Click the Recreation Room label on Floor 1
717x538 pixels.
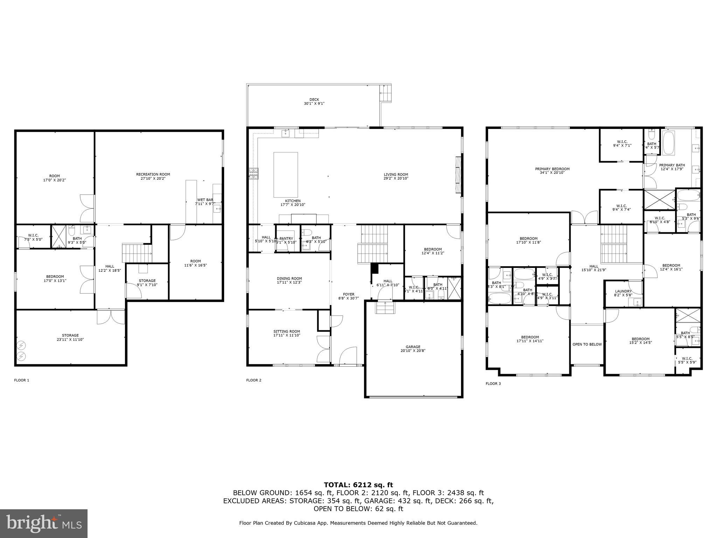[x=153, y=176]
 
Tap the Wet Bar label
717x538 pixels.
[x=205, y=202]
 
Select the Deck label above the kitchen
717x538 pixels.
[x=314, y=102]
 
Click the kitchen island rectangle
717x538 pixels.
[x=285, y=174]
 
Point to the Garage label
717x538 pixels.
[x=413, y=349]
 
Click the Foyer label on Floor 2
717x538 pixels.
[x=349, y=296]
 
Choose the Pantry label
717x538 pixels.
[x=286, y=240]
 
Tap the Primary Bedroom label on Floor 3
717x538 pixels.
[x=552, y=171]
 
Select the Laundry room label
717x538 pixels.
[x=623, y=293]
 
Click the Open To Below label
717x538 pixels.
[x=587, y=344]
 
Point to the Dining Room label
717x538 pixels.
[x=289, y=280]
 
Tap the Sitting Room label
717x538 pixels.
[x=286, y=333]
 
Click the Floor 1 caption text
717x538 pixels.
[x=22, y=380]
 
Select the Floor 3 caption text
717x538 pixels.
[x=493, y=384]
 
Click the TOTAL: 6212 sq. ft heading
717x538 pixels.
[x=358, y=485]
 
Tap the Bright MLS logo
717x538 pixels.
[x=44, y=523]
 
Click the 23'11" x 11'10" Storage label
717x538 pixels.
[x=70, y=337]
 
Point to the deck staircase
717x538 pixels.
[x=386, y=93]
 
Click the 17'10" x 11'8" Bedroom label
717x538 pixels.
[x=528, y=240]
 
